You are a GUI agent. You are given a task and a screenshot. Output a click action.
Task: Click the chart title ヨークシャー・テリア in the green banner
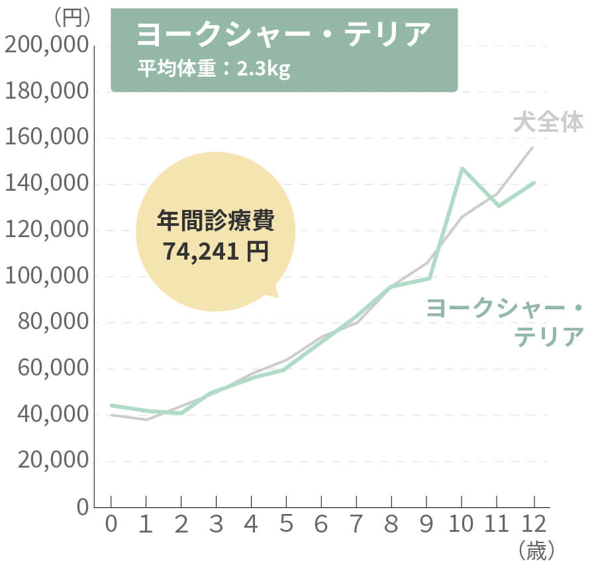pos(283,35)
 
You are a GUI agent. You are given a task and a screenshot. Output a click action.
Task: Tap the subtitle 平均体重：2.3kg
pos(214,70)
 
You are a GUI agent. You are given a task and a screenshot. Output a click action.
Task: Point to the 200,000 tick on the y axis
pos(46,46)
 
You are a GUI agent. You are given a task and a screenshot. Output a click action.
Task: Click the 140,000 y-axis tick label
pos(46,185)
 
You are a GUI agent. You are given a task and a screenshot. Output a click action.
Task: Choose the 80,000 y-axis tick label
pos(51,323)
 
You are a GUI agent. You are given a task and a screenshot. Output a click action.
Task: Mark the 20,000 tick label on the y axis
pos(51,462)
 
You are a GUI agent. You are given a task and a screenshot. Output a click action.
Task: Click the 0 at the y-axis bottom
pos(81,508)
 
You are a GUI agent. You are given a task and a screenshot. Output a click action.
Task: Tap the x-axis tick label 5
pos(286,525)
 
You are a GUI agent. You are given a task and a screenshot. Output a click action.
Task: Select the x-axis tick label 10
pos(462,525)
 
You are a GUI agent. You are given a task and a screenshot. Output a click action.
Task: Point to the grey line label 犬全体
pos(548,123)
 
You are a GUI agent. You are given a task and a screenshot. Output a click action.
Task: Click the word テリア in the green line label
pos(549,336)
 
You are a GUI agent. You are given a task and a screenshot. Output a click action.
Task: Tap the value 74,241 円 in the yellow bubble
pos(215,252)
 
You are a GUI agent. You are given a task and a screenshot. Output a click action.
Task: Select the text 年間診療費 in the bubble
pos(215,221)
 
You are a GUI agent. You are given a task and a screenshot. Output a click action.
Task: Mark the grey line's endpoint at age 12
pos(532,147)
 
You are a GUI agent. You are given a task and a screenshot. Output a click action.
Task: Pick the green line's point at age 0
pos(111,405)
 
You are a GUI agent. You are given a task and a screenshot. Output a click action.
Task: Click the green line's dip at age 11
pos(498,205)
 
